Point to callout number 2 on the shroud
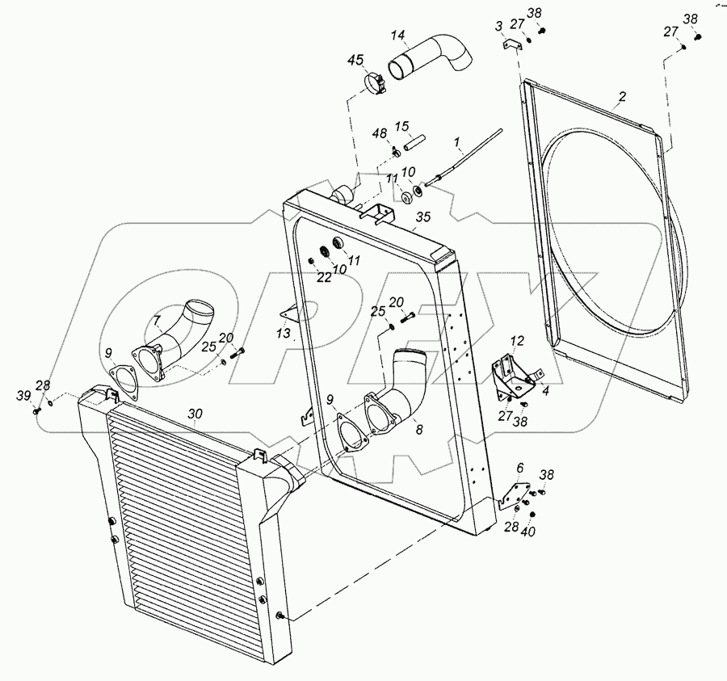[x=622, y=99]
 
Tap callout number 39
[x=24, y=394]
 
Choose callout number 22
[x=324, y=278]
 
